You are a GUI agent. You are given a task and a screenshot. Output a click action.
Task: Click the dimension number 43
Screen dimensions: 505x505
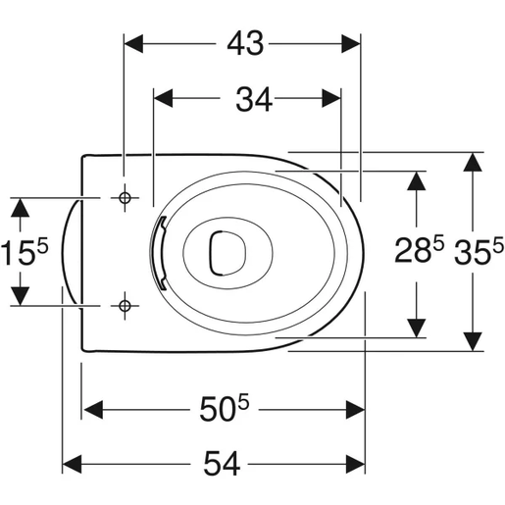245,44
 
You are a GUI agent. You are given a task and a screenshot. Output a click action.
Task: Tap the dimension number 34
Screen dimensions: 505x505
254,99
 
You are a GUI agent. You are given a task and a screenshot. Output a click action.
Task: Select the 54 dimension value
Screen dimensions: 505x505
222,463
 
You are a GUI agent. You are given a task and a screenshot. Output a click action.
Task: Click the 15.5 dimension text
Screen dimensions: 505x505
25,251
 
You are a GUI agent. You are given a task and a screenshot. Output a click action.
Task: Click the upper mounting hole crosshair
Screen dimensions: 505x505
125,198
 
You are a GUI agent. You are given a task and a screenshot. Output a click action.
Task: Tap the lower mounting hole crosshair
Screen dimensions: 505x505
125,306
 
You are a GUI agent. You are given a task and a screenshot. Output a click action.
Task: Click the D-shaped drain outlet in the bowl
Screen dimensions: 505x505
227,253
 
